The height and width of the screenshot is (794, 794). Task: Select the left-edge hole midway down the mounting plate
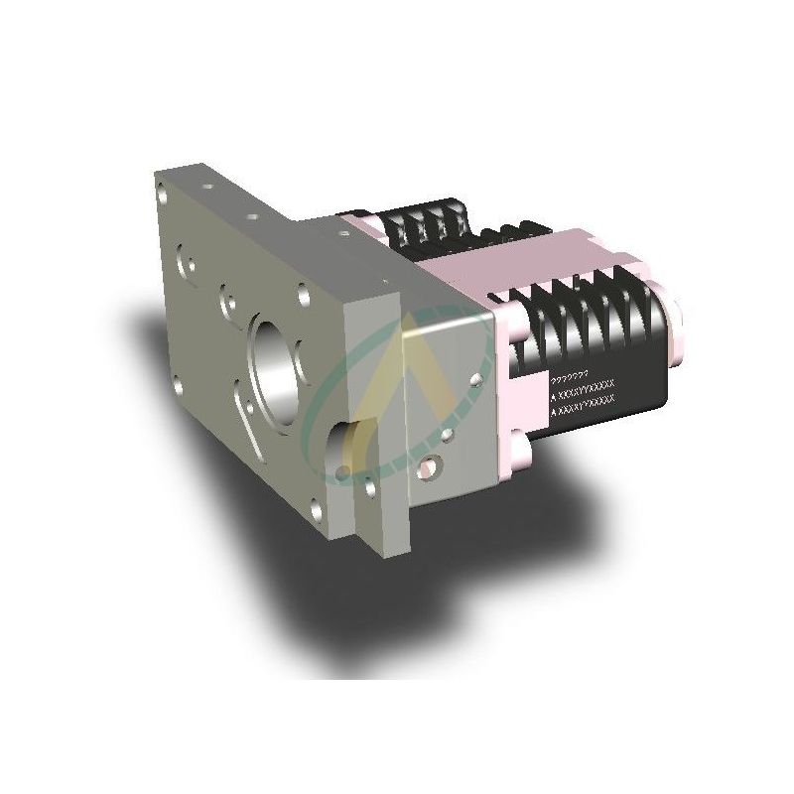pyautogui.click(x=177, y=378)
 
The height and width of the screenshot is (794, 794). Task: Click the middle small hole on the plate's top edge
pyautogui.click(x=252, y=213)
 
